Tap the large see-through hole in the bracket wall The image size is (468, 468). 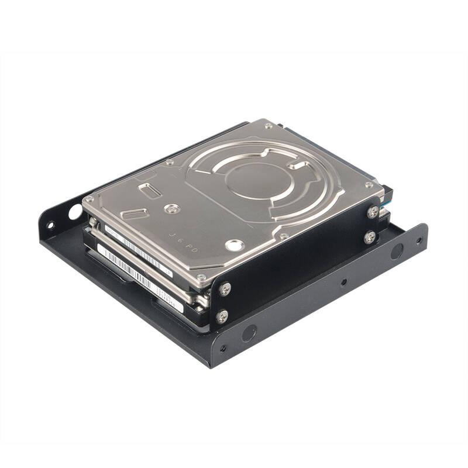[75, 211]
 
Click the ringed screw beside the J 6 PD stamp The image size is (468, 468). [171, 208]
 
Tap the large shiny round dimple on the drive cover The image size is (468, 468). [235, 245]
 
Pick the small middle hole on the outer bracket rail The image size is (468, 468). [343, 282]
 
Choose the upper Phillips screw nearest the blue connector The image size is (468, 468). [373, 212]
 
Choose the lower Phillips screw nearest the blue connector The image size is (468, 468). [370, 237]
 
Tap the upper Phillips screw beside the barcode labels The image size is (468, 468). [225, 289]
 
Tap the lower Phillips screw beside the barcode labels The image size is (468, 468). [222, 316]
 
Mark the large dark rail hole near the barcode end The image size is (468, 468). [249, 333]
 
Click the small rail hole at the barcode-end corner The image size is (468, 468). [222, 349]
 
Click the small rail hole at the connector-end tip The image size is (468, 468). [418, 240]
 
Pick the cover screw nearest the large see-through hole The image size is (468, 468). [90, 199]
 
